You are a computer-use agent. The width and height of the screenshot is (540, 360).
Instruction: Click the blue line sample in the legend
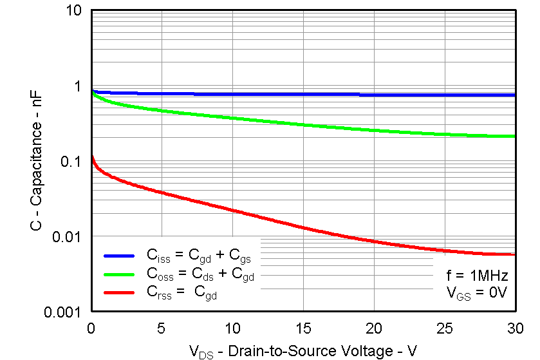tap(119, 256)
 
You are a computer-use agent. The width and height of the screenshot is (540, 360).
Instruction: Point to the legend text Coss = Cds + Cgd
tap(201, 275)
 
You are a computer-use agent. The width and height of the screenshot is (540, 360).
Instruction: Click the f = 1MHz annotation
tap(478, 276)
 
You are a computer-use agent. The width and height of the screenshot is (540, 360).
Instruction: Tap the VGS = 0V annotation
tap(478, 293)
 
